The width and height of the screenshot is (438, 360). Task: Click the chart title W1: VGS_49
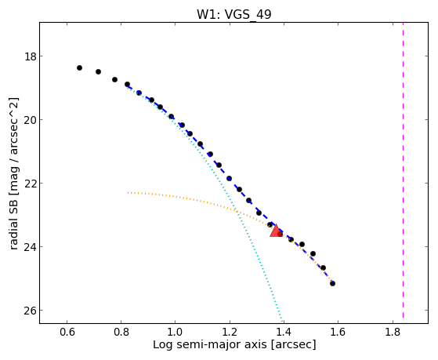click(x=234, y=14)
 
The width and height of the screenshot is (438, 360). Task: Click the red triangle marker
click(x=277, y=231)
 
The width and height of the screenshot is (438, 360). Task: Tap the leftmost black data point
click(x=79, y=67)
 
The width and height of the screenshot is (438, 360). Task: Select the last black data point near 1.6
click(x=332, y=283)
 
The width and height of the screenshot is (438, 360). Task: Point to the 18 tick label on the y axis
click(x=30, y=56)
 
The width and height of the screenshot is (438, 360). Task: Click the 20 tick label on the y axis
click(x=30, y=120)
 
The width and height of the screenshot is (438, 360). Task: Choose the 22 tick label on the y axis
click(x=30, y=184)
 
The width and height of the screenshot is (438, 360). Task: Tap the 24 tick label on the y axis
click(x=30, y=247)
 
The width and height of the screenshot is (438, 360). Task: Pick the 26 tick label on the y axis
click(x=30, y=311)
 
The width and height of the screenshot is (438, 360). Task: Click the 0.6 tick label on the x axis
click(x=67, y=332)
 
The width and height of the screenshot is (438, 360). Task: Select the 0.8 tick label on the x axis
click(x=121, y=332)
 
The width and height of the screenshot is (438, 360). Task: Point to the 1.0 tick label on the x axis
click(x=176, y=332)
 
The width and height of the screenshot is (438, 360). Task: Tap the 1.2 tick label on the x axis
click(x=230, y=332)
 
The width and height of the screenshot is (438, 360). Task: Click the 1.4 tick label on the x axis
click(x=284, y=332)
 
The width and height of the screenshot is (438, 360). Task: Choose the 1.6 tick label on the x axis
click(x=338, y=332)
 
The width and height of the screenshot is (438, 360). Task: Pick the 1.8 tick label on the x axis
click(x=393, y=332)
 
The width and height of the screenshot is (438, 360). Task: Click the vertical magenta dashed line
click(x=403, y=170)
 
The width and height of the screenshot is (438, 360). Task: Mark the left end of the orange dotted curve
click(x=128, y=193)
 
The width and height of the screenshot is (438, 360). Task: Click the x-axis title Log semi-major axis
click(x=210, y=344)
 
